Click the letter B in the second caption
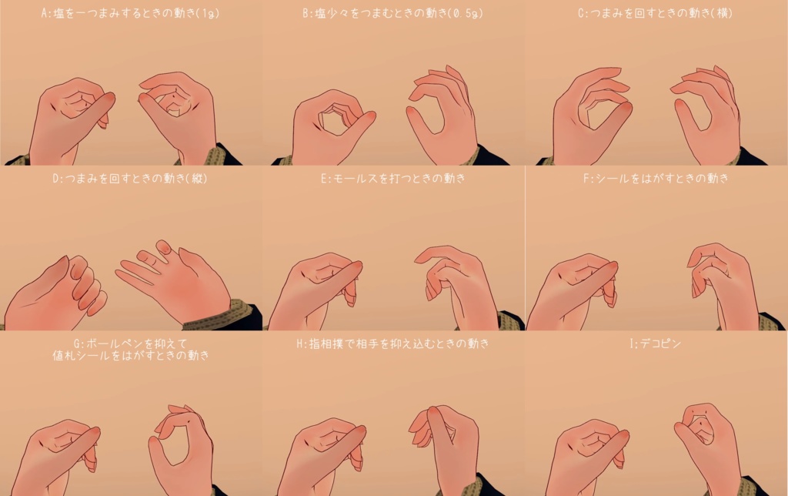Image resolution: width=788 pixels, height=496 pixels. pyautogui.click(x=306, y=13)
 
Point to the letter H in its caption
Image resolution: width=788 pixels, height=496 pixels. pyautogui.click(x=301, y=343)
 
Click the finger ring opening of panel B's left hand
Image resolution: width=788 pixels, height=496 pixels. pyautogui.click(x=332, y=121)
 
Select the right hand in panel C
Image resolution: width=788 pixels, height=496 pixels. pyautogui.click(x=708, y=116)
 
